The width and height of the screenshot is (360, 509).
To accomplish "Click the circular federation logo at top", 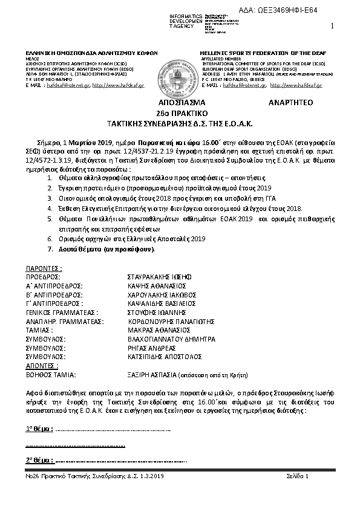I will pos(179,71).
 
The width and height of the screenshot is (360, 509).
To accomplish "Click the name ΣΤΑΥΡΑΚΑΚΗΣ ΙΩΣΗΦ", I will pos(154,274).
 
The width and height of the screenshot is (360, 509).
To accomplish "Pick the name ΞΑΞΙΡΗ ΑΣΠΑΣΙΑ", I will pos(148,375).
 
